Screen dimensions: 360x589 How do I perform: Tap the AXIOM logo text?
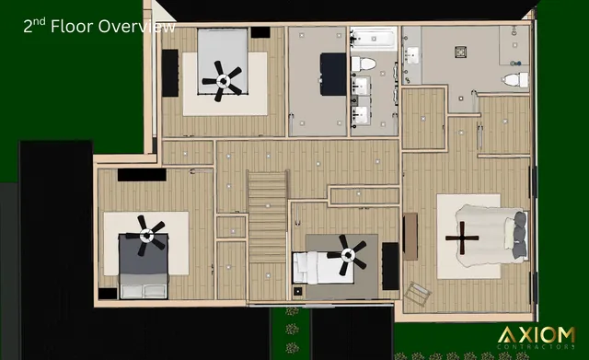(537, 334)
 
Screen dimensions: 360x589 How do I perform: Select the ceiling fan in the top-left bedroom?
(223, 81)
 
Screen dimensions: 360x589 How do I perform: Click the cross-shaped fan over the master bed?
(464, 238)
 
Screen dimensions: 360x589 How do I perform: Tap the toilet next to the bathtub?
(364, 64)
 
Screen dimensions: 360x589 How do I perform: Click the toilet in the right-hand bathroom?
(519, 79)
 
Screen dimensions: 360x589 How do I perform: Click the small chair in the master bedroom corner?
(418, 293)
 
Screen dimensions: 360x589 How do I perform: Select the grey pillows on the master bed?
(521, 236)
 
